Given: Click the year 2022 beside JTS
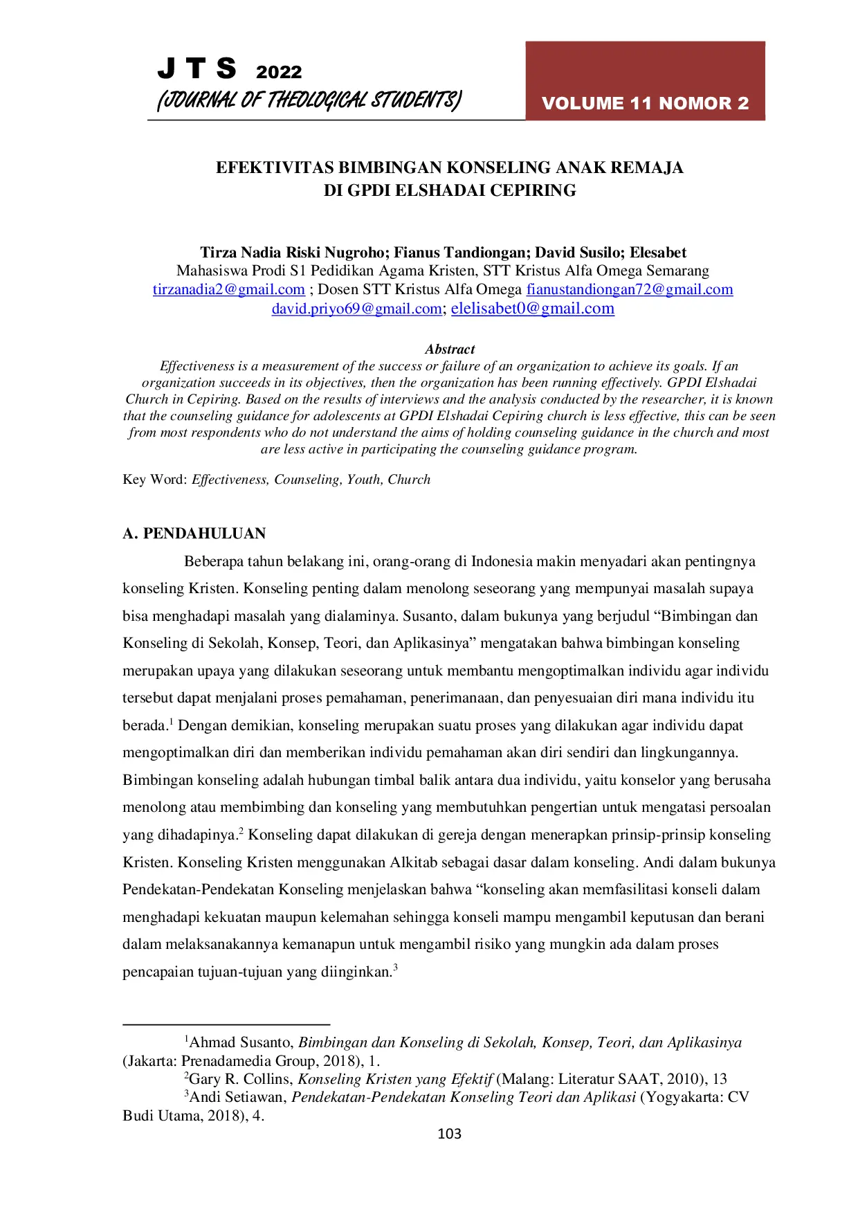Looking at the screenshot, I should pos(279,72).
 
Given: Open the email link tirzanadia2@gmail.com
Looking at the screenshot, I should pos(228,289).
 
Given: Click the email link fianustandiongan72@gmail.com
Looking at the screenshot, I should pos(629,289).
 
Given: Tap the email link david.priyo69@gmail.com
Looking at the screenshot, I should pos(356,309).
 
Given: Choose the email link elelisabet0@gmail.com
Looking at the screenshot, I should pos(532,309).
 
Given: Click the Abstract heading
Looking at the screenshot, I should pos(450,350).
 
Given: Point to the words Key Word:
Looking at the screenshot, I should pos(154,480).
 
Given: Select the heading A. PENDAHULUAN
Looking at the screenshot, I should pos(194,534).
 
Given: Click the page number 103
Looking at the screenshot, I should pos(450,1134).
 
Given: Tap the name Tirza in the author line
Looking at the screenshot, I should pos(219,253).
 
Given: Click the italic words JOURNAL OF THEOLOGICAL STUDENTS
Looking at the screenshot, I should pos(309,100).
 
